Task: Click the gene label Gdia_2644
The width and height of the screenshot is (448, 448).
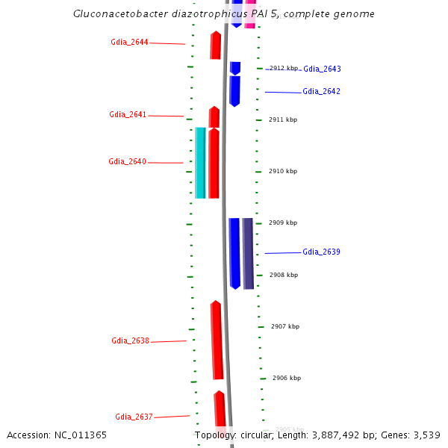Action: [x=129, y=43]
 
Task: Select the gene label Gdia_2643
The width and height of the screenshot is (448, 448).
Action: [x=322, y=69]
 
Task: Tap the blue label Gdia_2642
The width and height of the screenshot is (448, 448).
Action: [x=321, y=92]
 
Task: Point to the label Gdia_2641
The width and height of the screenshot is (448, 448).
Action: [x=128, y=115]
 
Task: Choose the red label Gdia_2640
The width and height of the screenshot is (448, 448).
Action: [x=127, y=162]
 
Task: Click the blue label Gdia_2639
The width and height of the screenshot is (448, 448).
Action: [x=321, y=252]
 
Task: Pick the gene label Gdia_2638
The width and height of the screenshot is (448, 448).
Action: [x=131, y=341]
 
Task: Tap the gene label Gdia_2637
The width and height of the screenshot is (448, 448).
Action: [x=134, y=417]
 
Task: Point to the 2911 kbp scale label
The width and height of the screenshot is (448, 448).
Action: [x=283, y=119]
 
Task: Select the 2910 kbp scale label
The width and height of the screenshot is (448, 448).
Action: [x=283, y=171]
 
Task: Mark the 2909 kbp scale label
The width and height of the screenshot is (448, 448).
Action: [x=283, y=223]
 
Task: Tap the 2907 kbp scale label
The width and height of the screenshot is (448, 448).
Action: [x=285, y=326]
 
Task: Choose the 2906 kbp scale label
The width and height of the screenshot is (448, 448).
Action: [x=287, y=378]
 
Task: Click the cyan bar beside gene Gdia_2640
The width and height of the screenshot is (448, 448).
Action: [x=200, y=163]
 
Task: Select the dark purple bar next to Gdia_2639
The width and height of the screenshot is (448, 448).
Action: [x=248, y=254]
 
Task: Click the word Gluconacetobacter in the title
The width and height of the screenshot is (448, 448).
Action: [x=116, y=14]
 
